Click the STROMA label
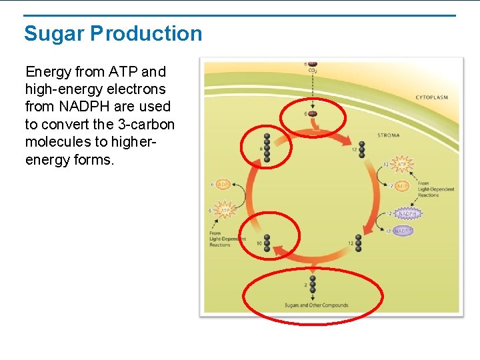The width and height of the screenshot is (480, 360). coord(389,135)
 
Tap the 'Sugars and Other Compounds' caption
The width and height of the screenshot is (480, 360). coord(316,305)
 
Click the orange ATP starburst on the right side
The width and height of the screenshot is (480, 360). coord(402,164)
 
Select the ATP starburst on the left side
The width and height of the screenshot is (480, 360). coord(225,209)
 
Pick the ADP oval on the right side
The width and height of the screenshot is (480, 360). coord(402,186)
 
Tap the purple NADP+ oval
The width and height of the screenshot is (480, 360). coord(403,231)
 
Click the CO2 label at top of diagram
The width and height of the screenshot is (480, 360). coord(312,71)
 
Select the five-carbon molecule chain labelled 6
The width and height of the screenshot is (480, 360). coord(267,147)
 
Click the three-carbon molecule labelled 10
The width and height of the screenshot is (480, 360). coord(267,243)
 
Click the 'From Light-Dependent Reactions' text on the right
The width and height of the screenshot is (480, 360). coord(436,189)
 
